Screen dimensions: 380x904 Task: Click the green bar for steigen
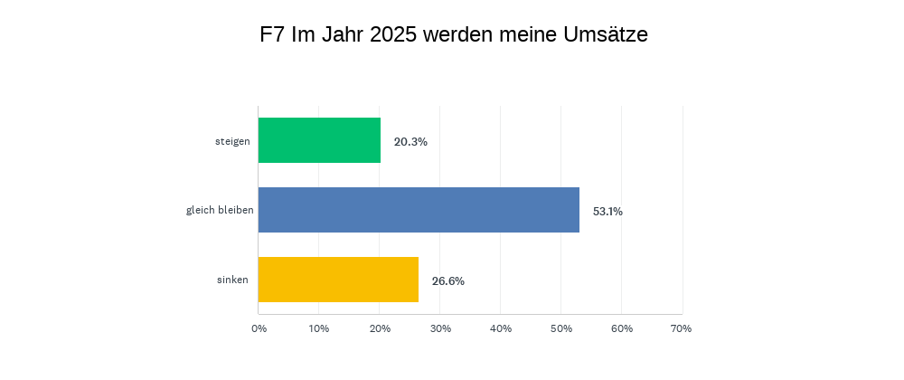pos(319,140)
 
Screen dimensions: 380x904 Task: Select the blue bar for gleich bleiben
pos(419,210)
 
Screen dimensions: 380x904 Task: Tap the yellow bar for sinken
pos(338,280)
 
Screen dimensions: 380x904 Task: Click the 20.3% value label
pos(410,142)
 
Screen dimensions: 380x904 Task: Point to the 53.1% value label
pos(607,212)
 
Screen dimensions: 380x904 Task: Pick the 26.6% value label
pos(447,281)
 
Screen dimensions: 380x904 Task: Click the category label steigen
pos(232,141)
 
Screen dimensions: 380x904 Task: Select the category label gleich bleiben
pos(220,211)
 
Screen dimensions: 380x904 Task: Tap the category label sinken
pos(232,280)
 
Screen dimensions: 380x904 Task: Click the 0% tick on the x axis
pos(259,328)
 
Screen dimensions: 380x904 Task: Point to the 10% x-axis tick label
pos(318,328)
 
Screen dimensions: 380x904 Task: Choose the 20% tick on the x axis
pos(380,328)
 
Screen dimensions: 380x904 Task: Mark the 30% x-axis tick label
pos(440,328)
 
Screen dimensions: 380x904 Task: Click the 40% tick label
pos(501,328)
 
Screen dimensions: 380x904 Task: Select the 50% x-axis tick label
pos(561,328)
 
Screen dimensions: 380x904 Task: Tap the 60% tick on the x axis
pos(622,328)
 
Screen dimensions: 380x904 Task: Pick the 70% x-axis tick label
pos(682,328)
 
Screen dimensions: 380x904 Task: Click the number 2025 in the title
pos(394,35)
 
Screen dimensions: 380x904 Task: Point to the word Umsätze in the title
pos(604,35)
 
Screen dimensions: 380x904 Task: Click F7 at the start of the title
pos(272,35)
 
